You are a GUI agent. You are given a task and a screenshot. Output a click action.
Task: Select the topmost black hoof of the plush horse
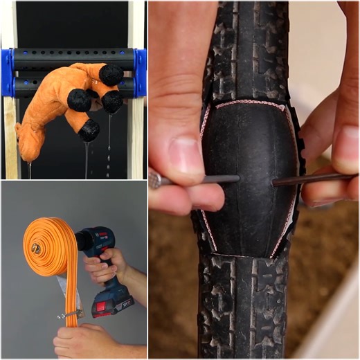tap(111, 74)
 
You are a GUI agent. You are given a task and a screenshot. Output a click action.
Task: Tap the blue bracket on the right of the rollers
tap(140, 73)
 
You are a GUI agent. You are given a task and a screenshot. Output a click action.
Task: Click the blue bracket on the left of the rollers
tap(7, 73)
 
